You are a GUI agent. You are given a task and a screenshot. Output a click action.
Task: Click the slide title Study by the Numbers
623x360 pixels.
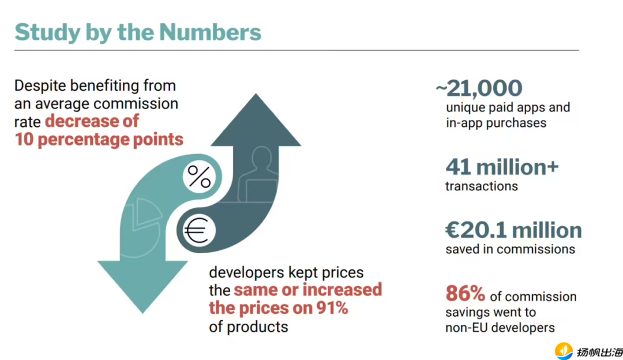click(x=138, y=32)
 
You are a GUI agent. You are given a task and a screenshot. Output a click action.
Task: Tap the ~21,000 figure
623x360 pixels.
click(x=479, y=88)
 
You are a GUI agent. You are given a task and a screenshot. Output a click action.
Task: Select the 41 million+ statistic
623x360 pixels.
click(x=502, y=167)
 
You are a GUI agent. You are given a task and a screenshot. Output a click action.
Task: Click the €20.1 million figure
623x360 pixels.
click(x=513, y=230)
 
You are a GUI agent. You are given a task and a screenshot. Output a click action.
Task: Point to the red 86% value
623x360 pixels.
click(x=465, y=294)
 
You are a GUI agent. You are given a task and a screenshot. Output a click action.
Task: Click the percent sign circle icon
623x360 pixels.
click(x=200, y=177)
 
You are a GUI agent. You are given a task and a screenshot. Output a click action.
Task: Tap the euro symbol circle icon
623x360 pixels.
click(x=200, y=231)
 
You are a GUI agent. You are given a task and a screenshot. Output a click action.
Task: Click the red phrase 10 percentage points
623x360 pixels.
click(x=99, y=140)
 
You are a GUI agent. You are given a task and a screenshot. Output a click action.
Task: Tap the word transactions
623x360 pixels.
click(x=482, y=186)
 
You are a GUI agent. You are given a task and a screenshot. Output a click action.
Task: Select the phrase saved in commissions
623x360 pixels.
click(x=510, y=249)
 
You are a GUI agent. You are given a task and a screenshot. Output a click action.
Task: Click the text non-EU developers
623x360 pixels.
click(x=500, y=328)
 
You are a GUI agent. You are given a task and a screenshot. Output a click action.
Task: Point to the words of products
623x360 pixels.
click(x=248, y=327)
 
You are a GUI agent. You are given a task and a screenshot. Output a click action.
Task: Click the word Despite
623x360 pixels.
click(x=40, y=86)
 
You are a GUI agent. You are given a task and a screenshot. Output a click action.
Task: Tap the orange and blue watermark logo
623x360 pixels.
click(x=563, y=351)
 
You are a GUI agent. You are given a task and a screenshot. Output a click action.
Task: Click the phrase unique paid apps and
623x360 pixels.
click(x=508, y=107)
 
